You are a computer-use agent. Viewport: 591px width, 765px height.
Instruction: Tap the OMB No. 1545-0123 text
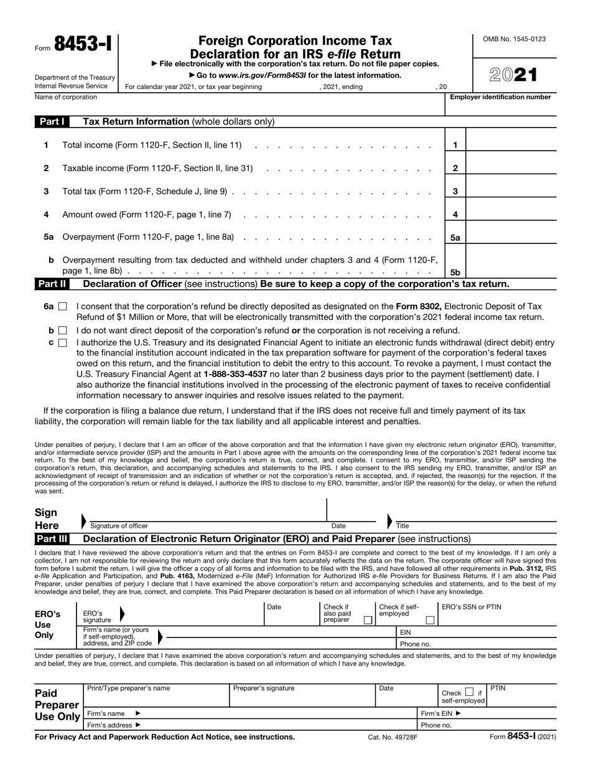click(514, 39)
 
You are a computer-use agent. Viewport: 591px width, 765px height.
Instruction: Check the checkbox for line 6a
click(62, 306)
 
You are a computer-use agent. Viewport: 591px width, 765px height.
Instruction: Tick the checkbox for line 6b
click(62, 331)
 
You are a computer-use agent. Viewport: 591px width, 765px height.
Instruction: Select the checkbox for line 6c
click(62, 342)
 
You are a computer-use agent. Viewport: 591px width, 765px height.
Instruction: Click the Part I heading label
click(52, 122)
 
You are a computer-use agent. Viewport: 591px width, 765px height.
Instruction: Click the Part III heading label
click(52, 538)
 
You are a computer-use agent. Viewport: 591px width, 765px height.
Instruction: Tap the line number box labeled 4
click(455, 215)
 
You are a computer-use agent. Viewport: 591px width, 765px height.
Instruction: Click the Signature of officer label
click(119, 526)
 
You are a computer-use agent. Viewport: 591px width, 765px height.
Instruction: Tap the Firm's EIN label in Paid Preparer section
click(441, 713)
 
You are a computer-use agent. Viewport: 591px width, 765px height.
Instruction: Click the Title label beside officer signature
click(403, 526)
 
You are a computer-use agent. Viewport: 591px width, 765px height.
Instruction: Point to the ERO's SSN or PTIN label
click(472, 607)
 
